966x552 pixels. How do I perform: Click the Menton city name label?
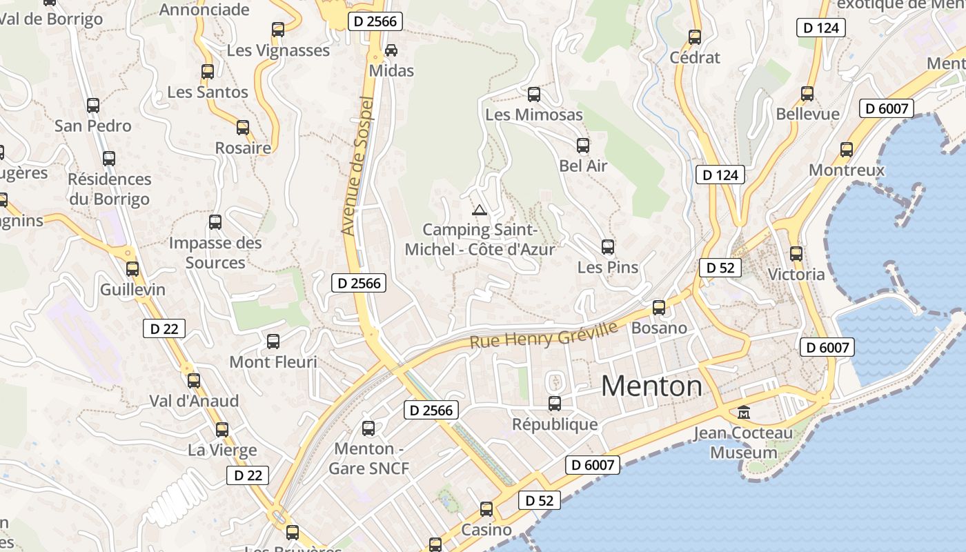click(x=651, y=386)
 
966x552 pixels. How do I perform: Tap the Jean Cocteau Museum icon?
click(x=744, y=413)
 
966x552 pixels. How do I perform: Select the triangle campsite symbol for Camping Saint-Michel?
click(x=480, y=210)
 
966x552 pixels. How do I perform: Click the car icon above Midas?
click(x=391, y=50)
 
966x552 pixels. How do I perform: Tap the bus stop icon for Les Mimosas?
click(x=533, y=95)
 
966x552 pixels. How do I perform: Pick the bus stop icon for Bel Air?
click(x=583, y=146)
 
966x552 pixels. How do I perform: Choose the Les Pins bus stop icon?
click(x=607, y=247)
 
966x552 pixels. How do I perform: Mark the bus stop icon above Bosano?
click(x=659, y=308)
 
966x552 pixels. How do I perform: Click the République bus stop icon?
click(x=555, y=404)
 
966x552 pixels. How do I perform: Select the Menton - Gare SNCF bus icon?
click(x=368, y=428)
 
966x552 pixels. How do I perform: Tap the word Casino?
click(x=486, y=530)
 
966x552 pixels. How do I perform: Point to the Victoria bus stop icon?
click(x=796, y=254)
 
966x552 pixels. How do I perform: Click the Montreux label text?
click(x=846, y=170)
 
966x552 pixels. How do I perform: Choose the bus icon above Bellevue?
click(x=807, y=94)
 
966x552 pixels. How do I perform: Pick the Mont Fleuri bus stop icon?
click(x=273, y=342)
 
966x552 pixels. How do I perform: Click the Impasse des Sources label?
click(x=215, y=253)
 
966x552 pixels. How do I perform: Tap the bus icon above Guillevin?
click(x=132, y=269)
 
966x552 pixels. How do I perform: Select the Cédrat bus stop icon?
click(x=695, y=37)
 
